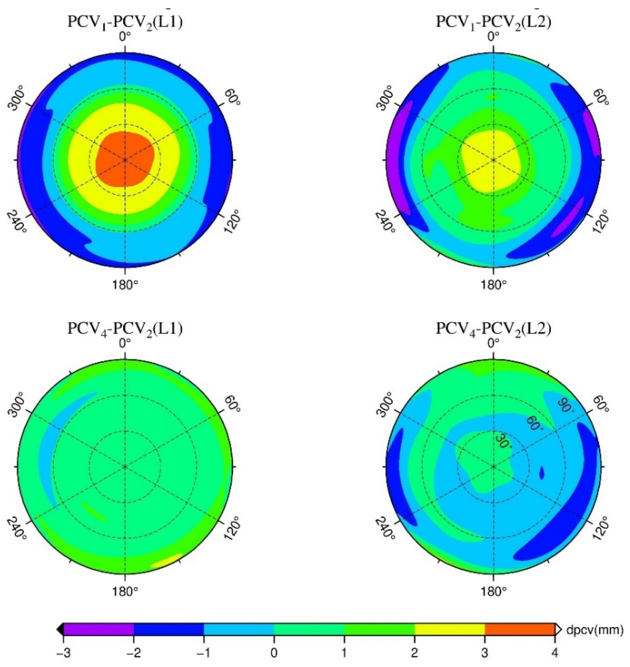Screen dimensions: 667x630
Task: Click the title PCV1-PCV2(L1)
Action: (x=125, y=23)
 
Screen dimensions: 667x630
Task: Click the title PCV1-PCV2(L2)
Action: (x=493, y=23)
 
